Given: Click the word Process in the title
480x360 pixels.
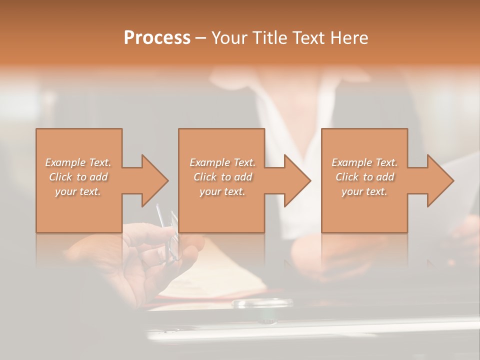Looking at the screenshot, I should (157, 38).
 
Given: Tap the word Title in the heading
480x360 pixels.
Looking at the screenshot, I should (269, 38).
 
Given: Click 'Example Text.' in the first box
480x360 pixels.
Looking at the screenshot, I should (78, 162).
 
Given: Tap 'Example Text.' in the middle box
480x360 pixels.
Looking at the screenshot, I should (222, 162).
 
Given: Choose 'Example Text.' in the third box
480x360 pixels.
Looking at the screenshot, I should (364, 162).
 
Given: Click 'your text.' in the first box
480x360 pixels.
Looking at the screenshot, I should (78, 191).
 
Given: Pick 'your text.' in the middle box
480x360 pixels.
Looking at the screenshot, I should (222, 191).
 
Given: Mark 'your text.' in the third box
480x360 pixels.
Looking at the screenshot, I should (364, 191).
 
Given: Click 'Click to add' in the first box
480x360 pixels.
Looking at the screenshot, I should (78, 177).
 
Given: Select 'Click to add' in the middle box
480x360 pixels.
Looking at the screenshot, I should (222, 177).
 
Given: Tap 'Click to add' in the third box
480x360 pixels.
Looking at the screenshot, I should (364, 177).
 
